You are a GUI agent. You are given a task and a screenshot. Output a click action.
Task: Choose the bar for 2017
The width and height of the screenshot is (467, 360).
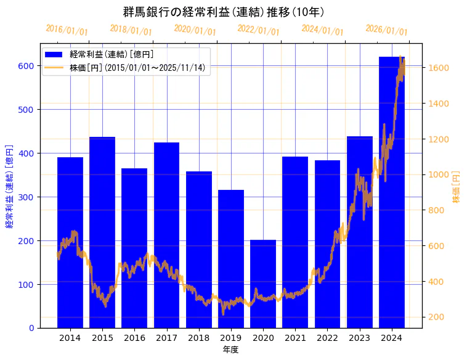tap(166, 235)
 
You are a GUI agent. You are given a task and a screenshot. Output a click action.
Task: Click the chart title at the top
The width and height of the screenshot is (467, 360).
tap(224, 12)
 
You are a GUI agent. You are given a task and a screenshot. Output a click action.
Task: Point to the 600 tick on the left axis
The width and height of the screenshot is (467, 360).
tap(28, 66)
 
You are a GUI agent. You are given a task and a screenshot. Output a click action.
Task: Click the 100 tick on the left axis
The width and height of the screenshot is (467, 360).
tap(28, 284)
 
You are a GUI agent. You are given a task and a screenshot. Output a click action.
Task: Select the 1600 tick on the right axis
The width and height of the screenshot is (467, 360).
tap(439, 68)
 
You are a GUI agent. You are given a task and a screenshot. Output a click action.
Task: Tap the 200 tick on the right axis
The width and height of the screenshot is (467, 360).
tap(437, 317)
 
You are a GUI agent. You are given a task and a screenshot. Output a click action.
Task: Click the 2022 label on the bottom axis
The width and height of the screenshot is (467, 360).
tap(327, 338)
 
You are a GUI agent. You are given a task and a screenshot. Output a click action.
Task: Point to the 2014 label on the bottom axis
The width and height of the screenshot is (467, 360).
tap(70, 338)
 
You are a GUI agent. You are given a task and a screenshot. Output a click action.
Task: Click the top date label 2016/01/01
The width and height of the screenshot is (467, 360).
tap(67, 30)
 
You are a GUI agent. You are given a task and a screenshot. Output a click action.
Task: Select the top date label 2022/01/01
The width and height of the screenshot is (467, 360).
tap(258, 30)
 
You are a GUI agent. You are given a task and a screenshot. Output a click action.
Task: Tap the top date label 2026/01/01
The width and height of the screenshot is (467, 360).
tap(386, 30)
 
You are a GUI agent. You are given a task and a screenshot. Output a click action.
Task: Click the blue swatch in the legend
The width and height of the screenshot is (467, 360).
tap(54, 54)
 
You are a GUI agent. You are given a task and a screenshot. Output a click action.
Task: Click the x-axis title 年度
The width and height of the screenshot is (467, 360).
tap(230, 350)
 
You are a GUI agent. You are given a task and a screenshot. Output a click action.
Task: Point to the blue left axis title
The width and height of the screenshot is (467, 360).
tap(9, 186)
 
